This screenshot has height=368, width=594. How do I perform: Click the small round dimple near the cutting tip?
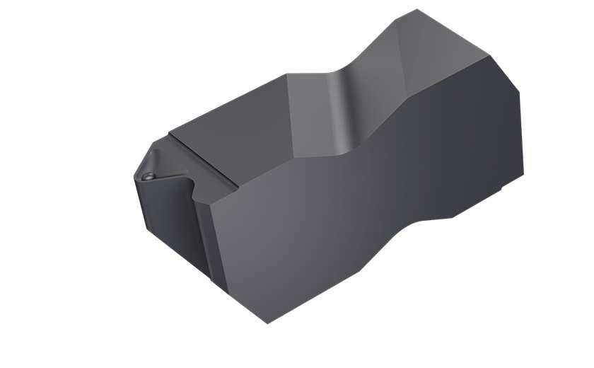(x=148, y=174)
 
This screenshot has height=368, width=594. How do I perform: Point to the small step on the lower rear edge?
(x=503, y=191)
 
